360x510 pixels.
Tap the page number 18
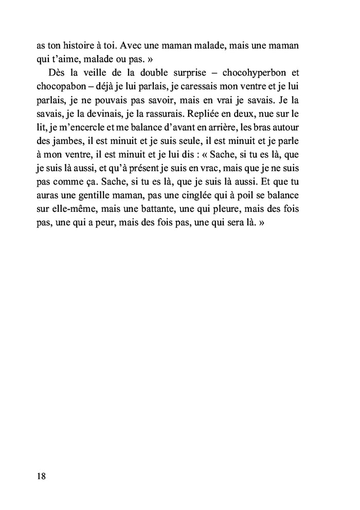coord(41,476)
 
